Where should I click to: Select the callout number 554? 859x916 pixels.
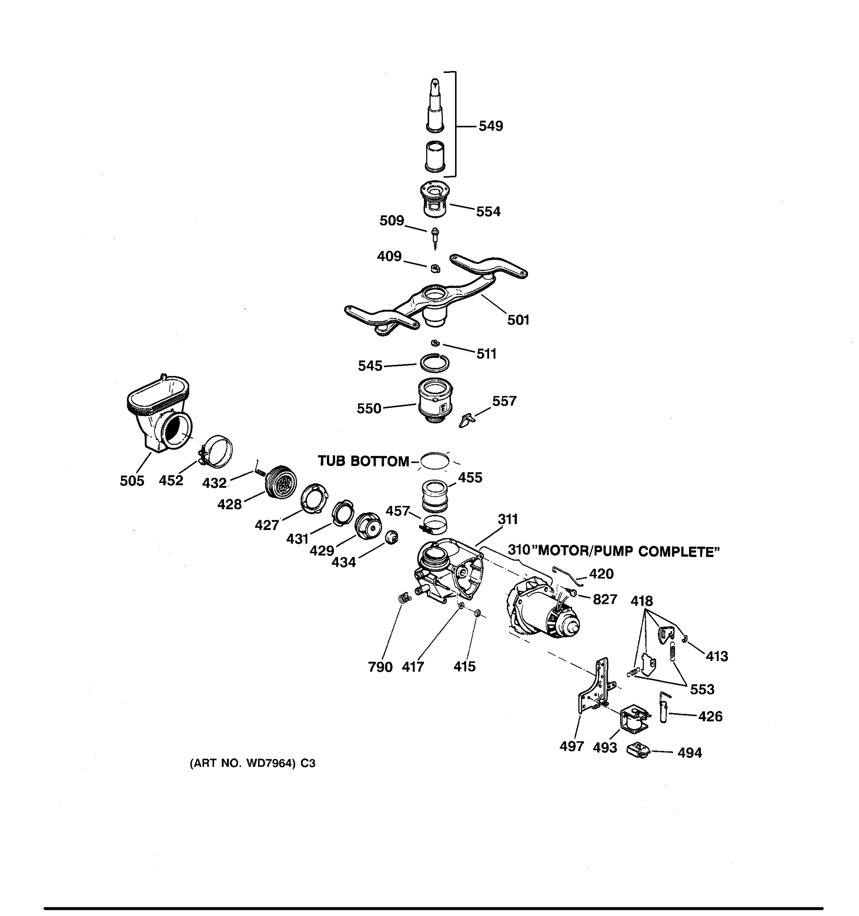point(488,211)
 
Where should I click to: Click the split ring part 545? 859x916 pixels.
point(434,363)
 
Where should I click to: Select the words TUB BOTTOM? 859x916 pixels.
point(363,461)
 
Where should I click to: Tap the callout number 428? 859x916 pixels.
point(229,505)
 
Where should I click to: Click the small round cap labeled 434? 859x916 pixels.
point(391,537)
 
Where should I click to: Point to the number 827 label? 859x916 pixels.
point(605,600)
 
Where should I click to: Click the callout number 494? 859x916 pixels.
point(689,753)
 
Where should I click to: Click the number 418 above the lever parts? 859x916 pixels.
point(641,601)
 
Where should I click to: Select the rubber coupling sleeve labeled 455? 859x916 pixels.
point(434,495)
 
